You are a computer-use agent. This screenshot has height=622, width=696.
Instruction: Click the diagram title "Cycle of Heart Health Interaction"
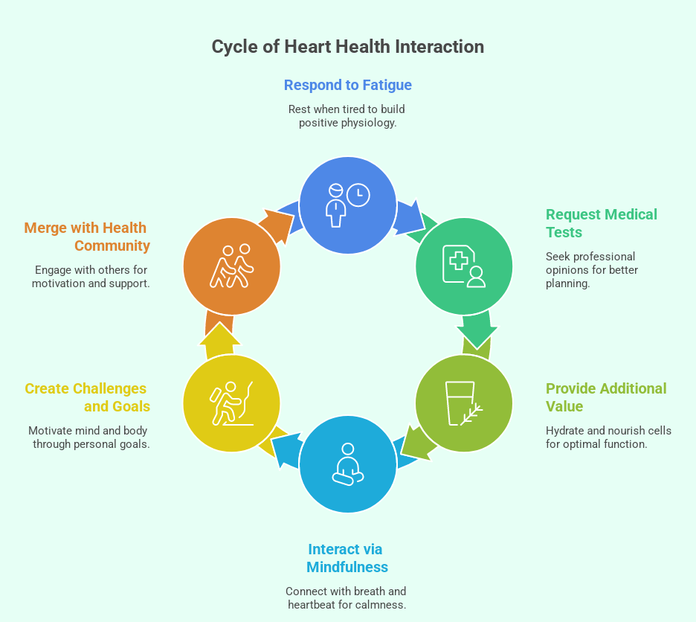[347, 47]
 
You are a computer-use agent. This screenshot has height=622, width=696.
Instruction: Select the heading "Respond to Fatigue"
[347, 85]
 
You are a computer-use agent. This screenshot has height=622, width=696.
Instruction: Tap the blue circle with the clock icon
[347, 205]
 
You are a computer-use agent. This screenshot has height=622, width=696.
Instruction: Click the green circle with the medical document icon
[464, 266]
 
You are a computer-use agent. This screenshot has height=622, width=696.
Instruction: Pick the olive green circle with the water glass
[464, 403]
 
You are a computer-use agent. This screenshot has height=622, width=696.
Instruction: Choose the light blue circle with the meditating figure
[347, 465]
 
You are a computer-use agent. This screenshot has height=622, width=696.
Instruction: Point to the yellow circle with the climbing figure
[231, 403]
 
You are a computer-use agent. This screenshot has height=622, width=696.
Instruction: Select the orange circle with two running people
[231, 266]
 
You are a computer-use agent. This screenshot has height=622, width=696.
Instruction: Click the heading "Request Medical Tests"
[601, 223]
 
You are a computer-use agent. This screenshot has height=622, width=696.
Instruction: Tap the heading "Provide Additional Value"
[605, 397]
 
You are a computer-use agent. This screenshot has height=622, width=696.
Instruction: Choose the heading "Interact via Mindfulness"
[347, 558]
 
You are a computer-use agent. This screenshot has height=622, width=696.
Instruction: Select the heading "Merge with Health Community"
[87, 237]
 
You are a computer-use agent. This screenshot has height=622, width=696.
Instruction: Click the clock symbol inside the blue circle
[358, 194]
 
